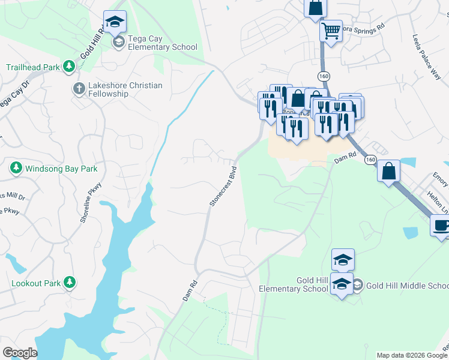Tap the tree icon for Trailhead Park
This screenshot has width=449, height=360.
70,67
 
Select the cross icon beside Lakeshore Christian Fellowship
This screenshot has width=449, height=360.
79,89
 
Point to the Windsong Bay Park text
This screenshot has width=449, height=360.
61,169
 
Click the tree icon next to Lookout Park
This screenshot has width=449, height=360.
70,281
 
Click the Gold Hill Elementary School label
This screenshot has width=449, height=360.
294,285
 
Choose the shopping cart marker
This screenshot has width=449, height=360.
331,30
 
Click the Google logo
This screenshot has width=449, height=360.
20,352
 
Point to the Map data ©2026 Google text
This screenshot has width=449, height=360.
411,355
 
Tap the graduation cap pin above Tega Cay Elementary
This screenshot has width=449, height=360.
115,22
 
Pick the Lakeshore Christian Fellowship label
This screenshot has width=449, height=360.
125,89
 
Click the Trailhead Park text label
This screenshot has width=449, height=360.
33,67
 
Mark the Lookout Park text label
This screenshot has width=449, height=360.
36,282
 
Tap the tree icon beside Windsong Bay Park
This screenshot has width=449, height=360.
16,169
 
